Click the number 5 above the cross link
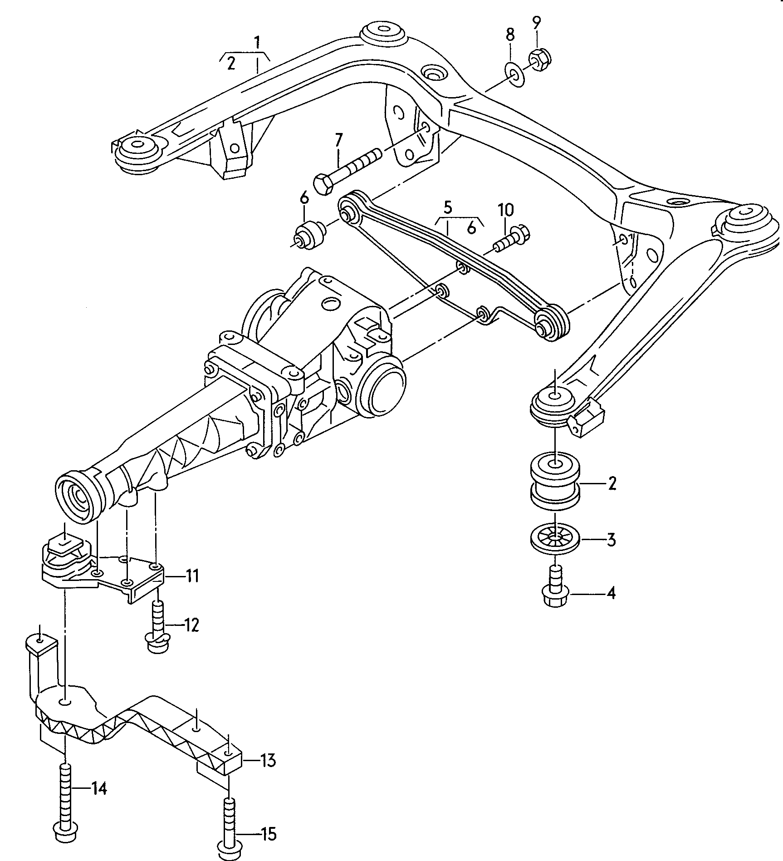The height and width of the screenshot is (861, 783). (448, 208)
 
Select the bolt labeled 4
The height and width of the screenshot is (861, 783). (556, 590)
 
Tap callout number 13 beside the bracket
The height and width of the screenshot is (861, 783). (268, 760)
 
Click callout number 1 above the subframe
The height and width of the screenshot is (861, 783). (257, 43)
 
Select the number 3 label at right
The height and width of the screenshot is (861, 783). (611, 540)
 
